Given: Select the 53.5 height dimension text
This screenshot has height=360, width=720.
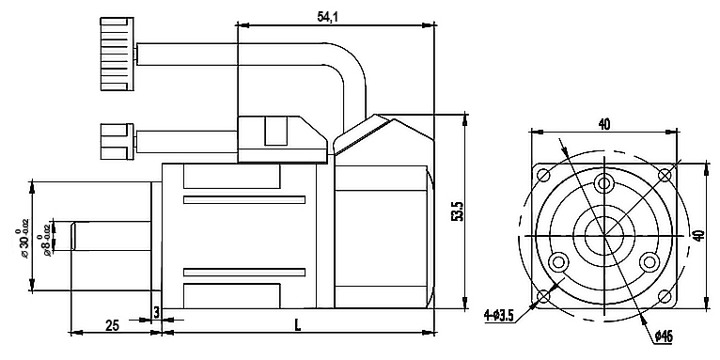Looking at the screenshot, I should click(457, 211).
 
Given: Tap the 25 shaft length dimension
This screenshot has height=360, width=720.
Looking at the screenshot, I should click(111, 324).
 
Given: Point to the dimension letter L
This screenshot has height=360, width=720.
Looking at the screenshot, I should click(297, 324).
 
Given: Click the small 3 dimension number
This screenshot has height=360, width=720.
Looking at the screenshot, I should click(156, 310).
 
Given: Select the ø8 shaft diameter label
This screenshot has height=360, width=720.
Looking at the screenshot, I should click(49, 237).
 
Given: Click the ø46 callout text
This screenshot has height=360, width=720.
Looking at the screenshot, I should click(664, 335).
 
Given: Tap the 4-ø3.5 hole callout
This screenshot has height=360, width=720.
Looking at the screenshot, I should click(498, 316).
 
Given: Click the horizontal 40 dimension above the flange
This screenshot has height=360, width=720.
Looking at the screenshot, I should click(603, 123).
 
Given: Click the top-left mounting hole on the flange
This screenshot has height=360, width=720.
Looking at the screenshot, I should click(543, 174).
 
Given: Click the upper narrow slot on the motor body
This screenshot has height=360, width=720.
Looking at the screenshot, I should click(244, 199).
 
